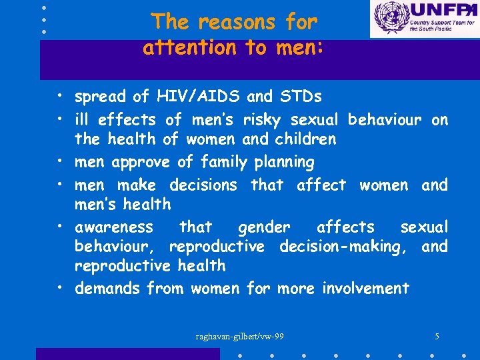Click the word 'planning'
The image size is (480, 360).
(x=280, y=162)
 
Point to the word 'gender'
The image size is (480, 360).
(x=264, y=227)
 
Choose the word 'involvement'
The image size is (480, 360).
(x=365, y=289)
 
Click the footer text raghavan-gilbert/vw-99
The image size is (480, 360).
(x=239, y=336)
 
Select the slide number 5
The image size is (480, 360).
(x=436, y=336)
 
